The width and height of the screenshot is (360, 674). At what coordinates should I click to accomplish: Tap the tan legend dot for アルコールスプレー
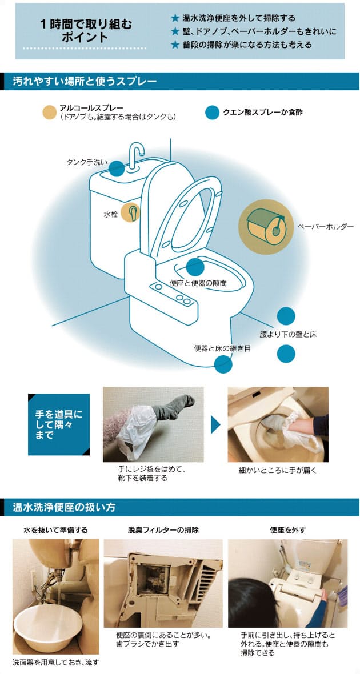[50, 112]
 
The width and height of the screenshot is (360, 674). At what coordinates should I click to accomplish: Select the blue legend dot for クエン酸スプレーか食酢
[213, 112]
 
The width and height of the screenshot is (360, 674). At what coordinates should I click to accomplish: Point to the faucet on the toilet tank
[137, 154]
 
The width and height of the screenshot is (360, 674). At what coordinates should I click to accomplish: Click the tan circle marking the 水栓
[130, 212]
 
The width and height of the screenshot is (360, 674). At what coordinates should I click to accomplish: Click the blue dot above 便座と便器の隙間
[195, 267]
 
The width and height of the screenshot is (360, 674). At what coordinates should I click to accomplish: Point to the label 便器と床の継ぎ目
[222, 348]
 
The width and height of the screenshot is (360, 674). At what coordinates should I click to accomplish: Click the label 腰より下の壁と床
[288, 334]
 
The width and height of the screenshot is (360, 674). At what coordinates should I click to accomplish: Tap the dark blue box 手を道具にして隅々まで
[59, 424]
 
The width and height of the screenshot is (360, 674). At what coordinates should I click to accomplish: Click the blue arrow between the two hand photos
[215, 425]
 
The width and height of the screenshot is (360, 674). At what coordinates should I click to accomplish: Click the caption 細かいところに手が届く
[278, 470]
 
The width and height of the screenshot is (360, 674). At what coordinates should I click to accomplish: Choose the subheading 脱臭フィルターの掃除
[163, 530]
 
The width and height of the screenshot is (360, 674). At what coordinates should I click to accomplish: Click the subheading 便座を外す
[287, 530]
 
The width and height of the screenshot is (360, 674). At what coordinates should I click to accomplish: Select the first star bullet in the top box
[175, 18]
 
